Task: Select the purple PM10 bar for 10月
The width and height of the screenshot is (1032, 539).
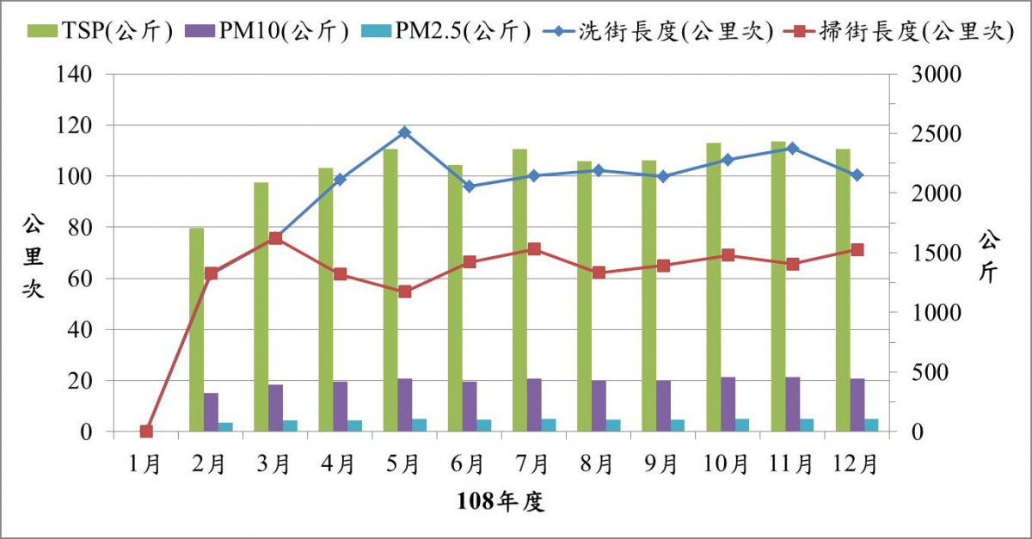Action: pos(728,404)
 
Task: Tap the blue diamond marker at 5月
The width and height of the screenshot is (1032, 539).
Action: pos(404,132)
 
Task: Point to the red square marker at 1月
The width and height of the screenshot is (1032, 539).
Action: pos(146,432)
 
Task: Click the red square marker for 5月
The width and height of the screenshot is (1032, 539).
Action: pos(404,291)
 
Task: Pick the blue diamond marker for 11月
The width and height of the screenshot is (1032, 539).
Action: pos(792,148)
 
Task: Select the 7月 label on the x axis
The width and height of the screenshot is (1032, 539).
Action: pos(533,465)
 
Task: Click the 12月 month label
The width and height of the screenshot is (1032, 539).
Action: pos(856,465)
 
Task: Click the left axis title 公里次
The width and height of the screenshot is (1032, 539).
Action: pos(34,257)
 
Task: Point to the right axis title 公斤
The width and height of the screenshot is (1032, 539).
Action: pos(988,255)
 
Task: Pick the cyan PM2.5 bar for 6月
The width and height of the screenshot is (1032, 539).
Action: pos(484,426)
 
